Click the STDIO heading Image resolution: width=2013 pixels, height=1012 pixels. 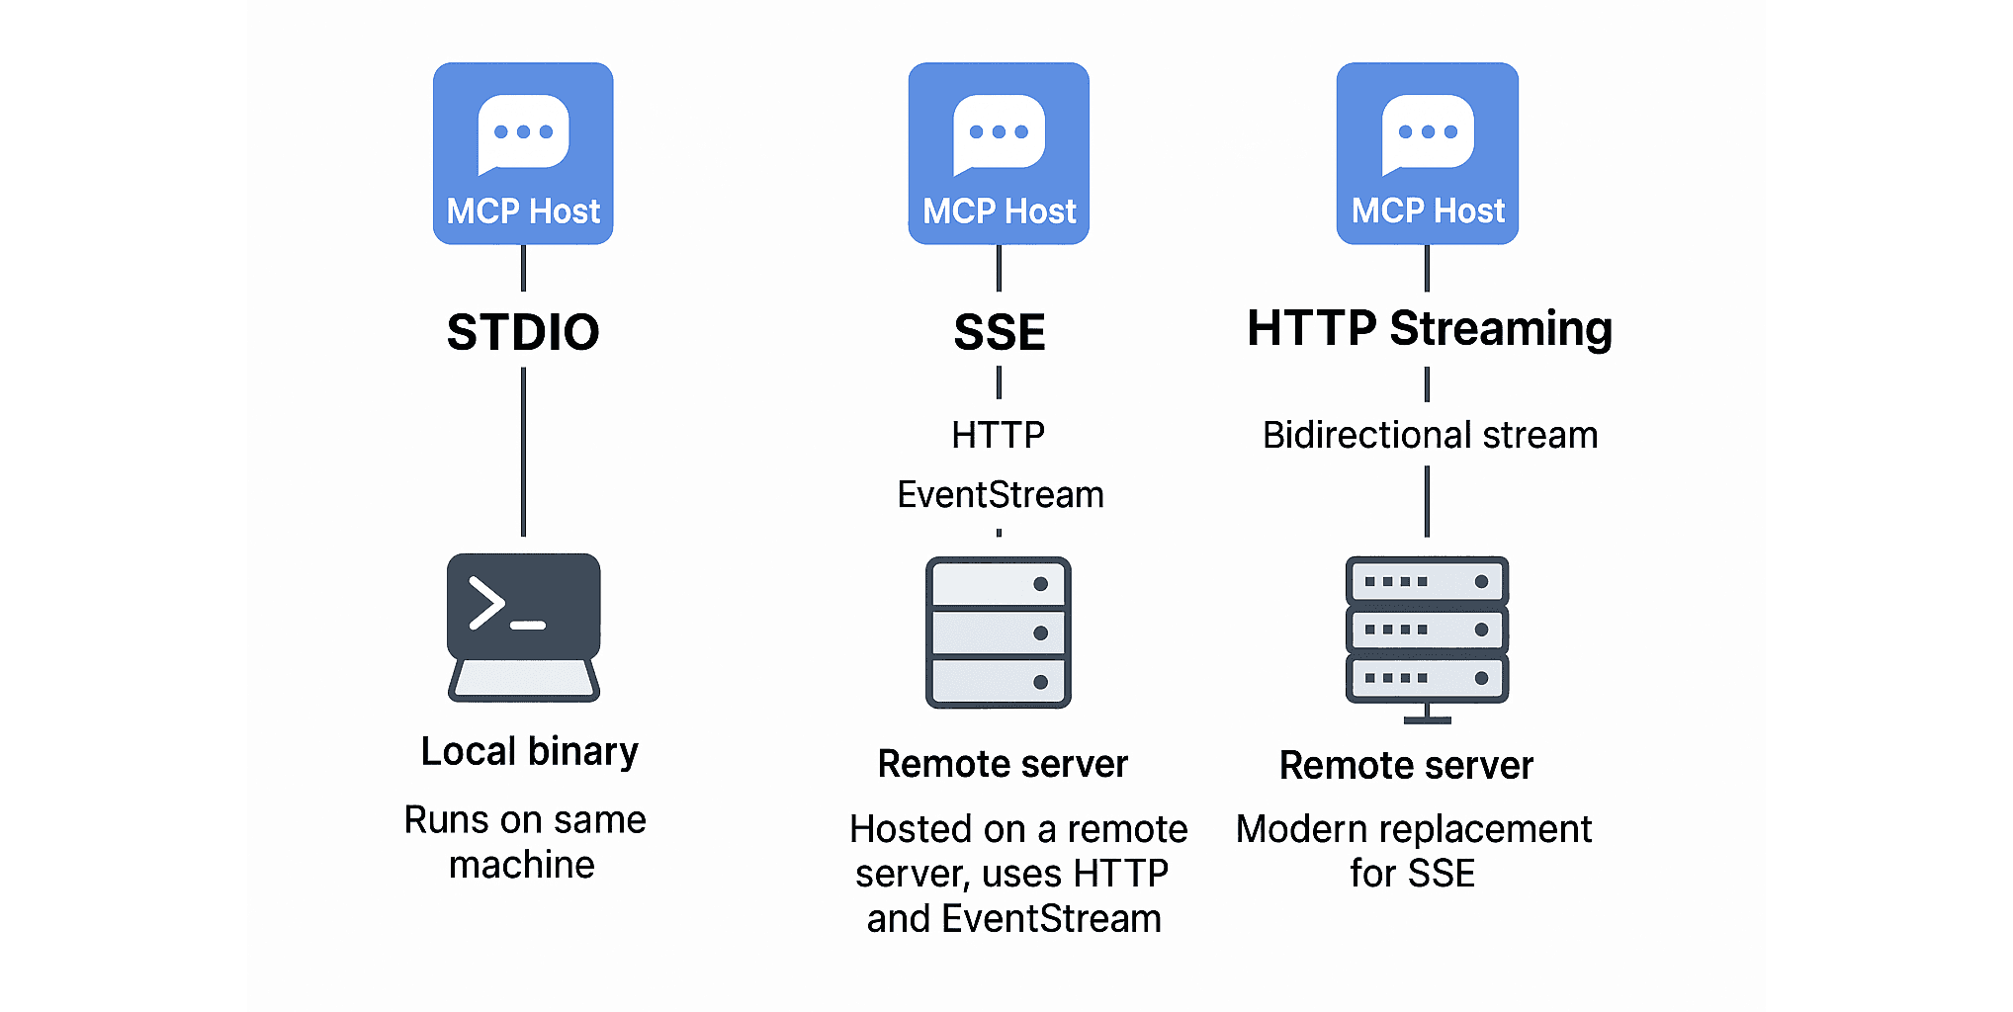click(x=523, y=332)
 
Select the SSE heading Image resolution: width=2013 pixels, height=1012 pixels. click(x=1000, y=332)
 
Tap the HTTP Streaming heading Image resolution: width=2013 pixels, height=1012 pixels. click(x=1429, y=328)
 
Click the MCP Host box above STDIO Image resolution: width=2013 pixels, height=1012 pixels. click(x=523, y=153)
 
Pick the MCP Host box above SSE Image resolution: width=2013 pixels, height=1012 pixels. click(x=999, y=153)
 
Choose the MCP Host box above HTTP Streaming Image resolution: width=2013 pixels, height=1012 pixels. click(x=1428, y=153)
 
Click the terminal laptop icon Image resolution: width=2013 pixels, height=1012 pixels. click(x=523, y=627)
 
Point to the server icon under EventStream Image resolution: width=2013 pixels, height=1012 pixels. click(x=999, y=632)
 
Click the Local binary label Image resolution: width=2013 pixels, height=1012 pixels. click(x=530, y=751)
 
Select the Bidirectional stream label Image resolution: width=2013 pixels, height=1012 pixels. click(x=1430, y=435)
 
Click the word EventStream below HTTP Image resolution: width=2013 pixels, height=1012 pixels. click(x=1000, y=494)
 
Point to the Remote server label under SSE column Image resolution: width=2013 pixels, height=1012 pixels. click(x=1003, y=764)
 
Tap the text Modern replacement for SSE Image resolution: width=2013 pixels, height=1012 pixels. click(x=1414, y=851)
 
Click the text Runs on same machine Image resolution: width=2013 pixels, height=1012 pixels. click(x=524, y=842)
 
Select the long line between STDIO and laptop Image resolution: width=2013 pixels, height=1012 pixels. click(x=523, y=452)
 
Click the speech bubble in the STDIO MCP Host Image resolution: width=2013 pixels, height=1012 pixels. click(x=523, y=132)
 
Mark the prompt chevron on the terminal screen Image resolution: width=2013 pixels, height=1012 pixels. click(x=486, y=603)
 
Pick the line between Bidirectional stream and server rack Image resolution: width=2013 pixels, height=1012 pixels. click(x=1427, y=501)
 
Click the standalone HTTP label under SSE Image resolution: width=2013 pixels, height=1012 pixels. click(x=999, y=435)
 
